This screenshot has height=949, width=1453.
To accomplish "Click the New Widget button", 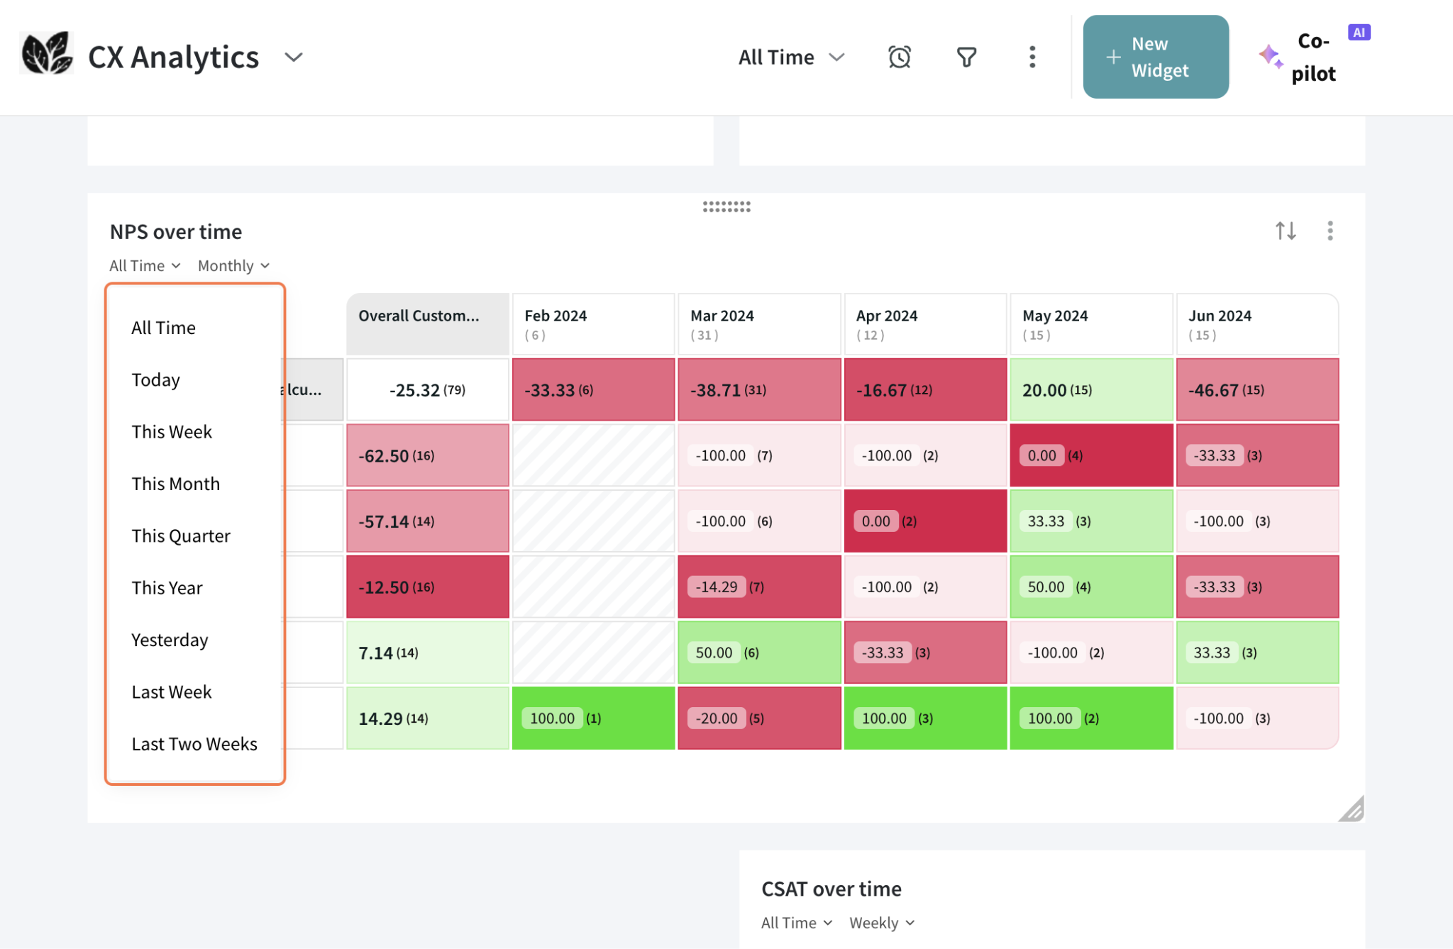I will (1155, 57).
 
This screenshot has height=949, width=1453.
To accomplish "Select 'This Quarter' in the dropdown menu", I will (181, 535).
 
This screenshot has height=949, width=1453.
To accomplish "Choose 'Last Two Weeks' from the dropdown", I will (194, 743).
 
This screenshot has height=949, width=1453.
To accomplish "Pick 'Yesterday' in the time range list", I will (170, 640).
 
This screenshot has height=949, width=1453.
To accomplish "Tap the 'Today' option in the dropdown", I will (155, 379).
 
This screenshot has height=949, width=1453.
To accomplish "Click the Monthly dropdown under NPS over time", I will (233, 266).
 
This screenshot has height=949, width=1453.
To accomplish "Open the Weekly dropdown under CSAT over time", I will (882, 923).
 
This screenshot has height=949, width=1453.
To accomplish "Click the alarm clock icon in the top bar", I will (899, 57).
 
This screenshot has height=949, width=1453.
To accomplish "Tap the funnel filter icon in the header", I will (966, 57).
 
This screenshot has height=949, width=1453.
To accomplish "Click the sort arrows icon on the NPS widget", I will (1285, 231).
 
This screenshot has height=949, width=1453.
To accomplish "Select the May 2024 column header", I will (1090, 324).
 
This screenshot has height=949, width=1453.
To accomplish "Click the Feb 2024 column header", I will (592, 324).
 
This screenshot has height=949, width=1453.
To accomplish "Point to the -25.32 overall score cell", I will (427, 390).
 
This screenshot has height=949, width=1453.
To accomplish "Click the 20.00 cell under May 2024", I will (1090, 390).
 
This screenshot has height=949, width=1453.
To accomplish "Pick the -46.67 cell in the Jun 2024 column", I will (1256, 390).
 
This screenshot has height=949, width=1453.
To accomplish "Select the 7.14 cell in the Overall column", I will (427, 653).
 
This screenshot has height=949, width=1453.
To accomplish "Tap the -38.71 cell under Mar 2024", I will (758, 390).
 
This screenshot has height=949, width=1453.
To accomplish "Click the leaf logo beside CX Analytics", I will (46, 54).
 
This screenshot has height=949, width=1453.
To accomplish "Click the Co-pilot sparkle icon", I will (1270, 56).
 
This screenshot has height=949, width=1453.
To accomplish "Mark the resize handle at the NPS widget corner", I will (1352, 809).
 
